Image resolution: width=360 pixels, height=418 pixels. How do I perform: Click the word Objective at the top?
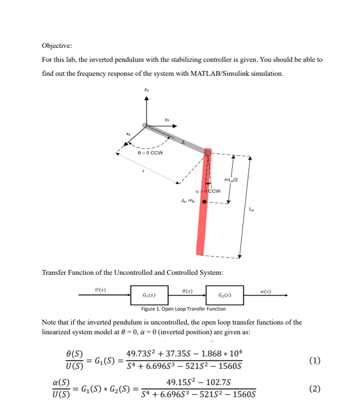click(x=56, y=46)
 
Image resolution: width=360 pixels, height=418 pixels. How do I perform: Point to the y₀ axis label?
click(x=168, y=120)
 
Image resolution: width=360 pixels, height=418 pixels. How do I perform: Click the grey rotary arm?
click(x=176, y=137)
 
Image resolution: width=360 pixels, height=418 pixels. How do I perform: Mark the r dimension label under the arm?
click(x=142, y=171)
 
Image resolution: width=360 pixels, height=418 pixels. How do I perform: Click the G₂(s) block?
click(x=224, y=295)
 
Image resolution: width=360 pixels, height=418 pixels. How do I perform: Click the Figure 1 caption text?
click(x=183, y=309)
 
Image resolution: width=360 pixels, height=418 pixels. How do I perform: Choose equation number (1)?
click(x=314, y=361)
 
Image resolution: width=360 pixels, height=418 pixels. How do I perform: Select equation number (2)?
click(x=314, y=389)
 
